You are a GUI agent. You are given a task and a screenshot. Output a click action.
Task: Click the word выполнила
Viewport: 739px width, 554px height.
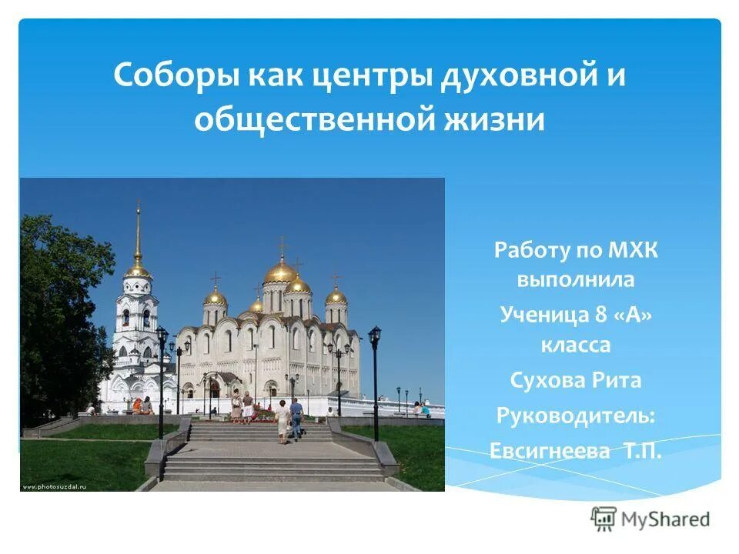[576, 279]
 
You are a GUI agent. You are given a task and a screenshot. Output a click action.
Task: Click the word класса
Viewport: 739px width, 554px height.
[576, 346]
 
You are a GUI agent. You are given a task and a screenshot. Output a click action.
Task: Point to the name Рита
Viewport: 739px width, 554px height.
[617, 380]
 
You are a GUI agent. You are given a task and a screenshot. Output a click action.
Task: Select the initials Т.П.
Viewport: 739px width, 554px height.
[639, 450]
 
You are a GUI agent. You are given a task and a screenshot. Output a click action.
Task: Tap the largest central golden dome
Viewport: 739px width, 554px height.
[281, 271]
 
